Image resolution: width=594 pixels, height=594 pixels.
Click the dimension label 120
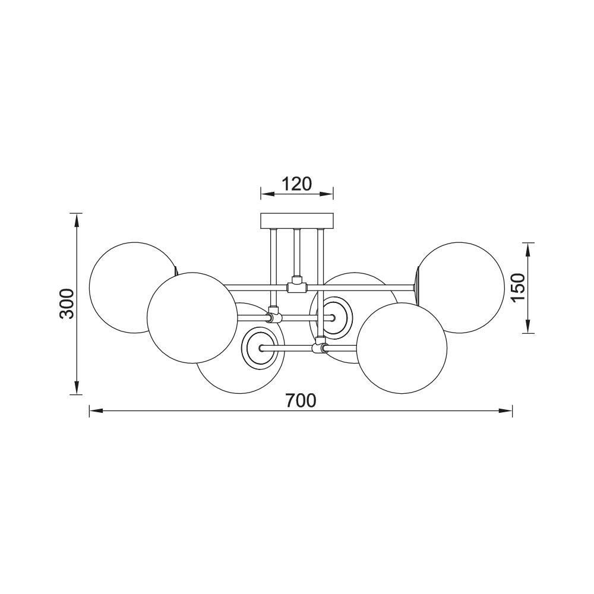pyautogui.click(x=296, y=184)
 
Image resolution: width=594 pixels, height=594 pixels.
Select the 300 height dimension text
pyautogui.click(x=68, y=304)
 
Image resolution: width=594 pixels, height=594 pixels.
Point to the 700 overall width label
pyautogui.click(x=300, y=401)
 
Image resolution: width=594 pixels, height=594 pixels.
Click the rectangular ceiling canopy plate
pyautogui.click(x=298, y=221)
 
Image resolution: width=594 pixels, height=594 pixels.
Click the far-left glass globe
pyautogui.click(x=119, y=279)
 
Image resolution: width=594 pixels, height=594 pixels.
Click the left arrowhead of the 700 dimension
pyautogui.click(x=94, y=410)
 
